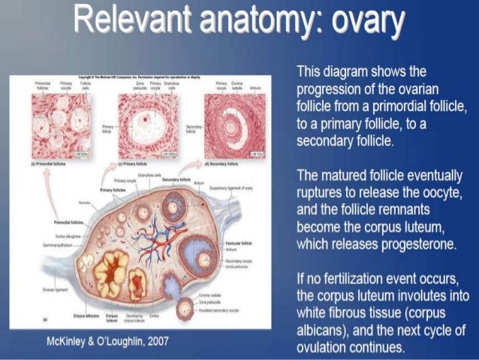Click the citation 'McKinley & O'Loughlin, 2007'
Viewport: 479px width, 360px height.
108,342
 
